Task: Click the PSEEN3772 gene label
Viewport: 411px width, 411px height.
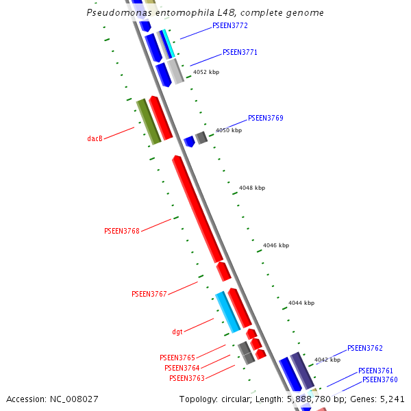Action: click(x=230, y=25)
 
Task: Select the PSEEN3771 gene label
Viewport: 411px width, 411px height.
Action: click(x=240, y=52)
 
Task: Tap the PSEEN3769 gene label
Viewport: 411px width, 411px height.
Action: click(x=265, y=118)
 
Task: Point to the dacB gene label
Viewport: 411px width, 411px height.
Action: click(x=95, y=138)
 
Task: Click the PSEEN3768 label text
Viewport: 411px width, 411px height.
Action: click(x=122, y=231)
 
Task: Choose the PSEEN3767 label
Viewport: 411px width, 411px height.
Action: click(x=149, y=294)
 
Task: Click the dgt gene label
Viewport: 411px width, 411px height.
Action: click(x=177, y=332)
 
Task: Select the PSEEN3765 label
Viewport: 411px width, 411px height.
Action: click(x=177, y=358)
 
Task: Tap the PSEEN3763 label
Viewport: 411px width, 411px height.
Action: click(x=187, y=378)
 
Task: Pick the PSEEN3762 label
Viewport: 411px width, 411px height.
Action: click(x=365, y=348)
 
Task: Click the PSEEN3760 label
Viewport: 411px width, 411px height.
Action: click(x=380, y=379)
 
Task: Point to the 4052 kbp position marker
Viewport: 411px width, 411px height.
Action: click(x=206, y=72)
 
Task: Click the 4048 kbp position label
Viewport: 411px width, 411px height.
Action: click(x=252, y=188)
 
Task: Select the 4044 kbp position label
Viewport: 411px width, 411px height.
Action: click(x=301, y=303)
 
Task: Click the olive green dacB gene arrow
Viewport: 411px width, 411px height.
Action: click(x=149, y=122)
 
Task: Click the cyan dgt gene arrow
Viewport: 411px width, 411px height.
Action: click(x=227, y=312)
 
